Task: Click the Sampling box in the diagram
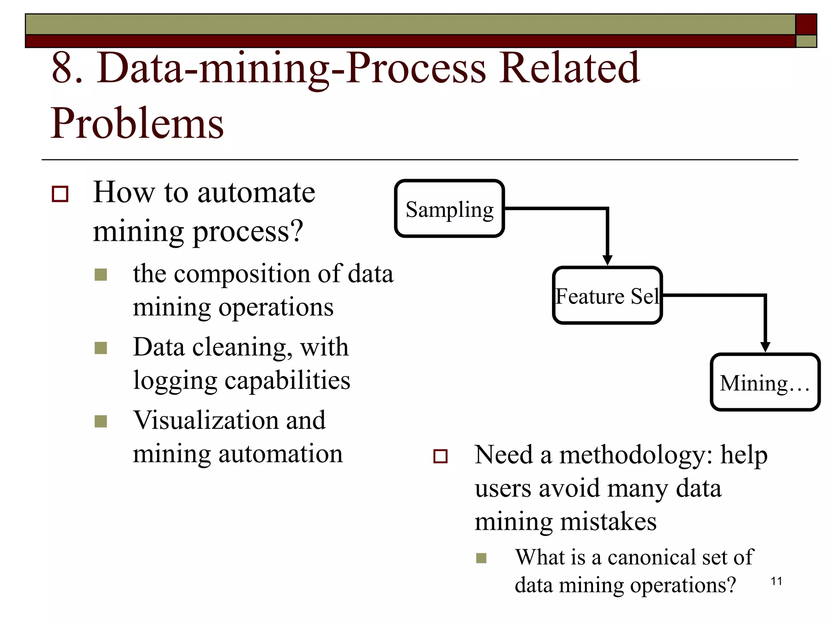pyautogui.click(x=449, y=209)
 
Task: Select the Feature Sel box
pyautogui.click(x=607, y=296)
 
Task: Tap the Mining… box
pyautogui.click(x=765, y=382)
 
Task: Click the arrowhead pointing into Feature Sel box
pyautogui.click(x=607, y=260)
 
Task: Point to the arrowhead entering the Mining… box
pyautogui.click(x=765, y=347)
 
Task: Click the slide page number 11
pyautogui.click(x=776, y=581)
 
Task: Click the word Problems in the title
pyautogui.click(x=137, y=123)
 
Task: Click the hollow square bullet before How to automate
pyautogui.click(x=60, y=194)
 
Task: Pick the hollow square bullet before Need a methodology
pyautogui.click(x=440, y=456)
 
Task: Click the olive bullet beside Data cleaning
pyautogui.click(x=100, y=348)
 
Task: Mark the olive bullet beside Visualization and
pyautogui.click(x=100, y=421)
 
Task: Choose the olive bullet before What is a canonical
pyautogui.click(x=481, y=558)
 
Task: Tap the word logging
pyautogui.click(x=175, y=381)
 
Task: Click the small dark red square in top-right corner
pyautogui.click(x=806, y=24)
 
